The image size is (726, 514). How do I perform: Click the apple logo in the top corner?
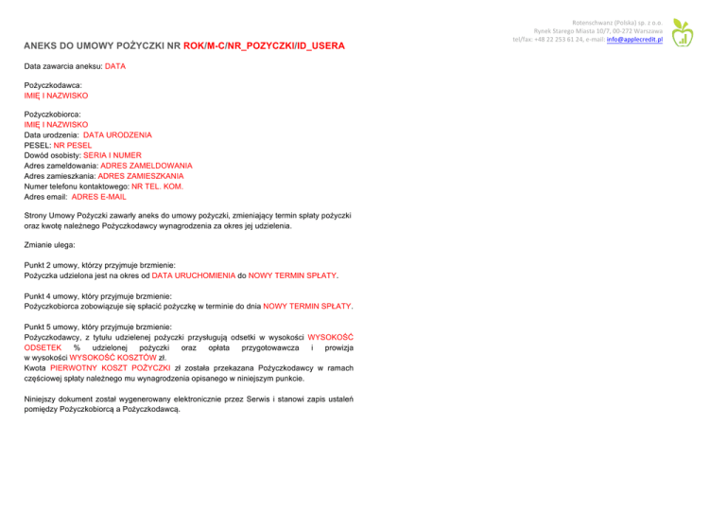pyautogui.click(x=683, y=34)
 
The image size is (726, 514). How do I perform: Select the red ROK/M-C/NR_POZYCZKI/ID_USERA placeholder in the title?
pyautogui.click(x=264, y=46)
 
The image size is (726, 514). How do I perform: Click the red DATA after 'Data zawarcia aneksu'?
pyautogui.click(x=114, y=67)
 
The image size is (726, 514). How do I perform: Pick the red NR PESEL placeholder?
pyautogui.click(x=72, y=146)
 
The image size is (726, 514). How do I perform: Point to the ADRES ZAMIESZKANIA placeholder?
pyautogui.click(x=140, y=176)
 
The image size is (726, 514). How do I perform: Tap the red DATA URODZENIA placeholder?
pyautogui.click(x=122, y=135)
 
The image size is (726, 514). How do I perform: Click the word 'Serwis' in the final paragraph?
pyautogui.click(x=262, y=399)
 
